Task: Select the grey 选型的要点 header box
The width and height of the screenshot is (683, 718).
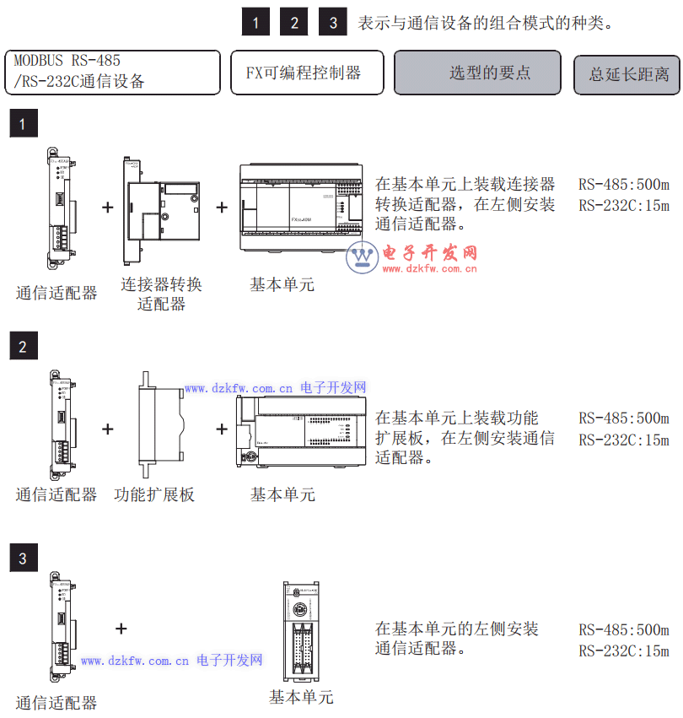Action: tap(477, 73)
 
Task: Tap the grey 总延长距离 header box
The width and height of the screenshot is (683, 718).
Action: tap(628, 74)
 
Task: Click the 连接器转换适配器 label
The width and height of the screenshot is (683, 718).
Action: tap(161, 294)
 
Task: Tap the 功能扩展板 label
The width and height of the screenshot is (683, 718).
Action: tap(154, 494)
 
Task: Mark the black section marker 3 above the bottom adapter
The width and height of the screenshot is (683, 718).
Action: tap(23, 558)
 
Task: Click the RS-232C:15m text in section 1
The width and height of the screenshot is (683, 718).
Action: tap(623, 205)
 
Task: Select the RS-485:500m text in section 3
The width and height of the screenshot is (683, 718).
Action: tap(623, 630)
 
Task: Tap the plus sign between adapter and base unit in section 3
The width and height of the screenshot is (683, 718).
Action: tap(121, 628)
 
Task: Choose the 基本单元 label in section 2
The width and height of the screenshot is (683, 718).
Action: tap(282, 494)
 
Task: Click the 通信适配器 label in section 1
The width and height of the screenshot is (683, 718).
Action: tap(56, 294)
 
